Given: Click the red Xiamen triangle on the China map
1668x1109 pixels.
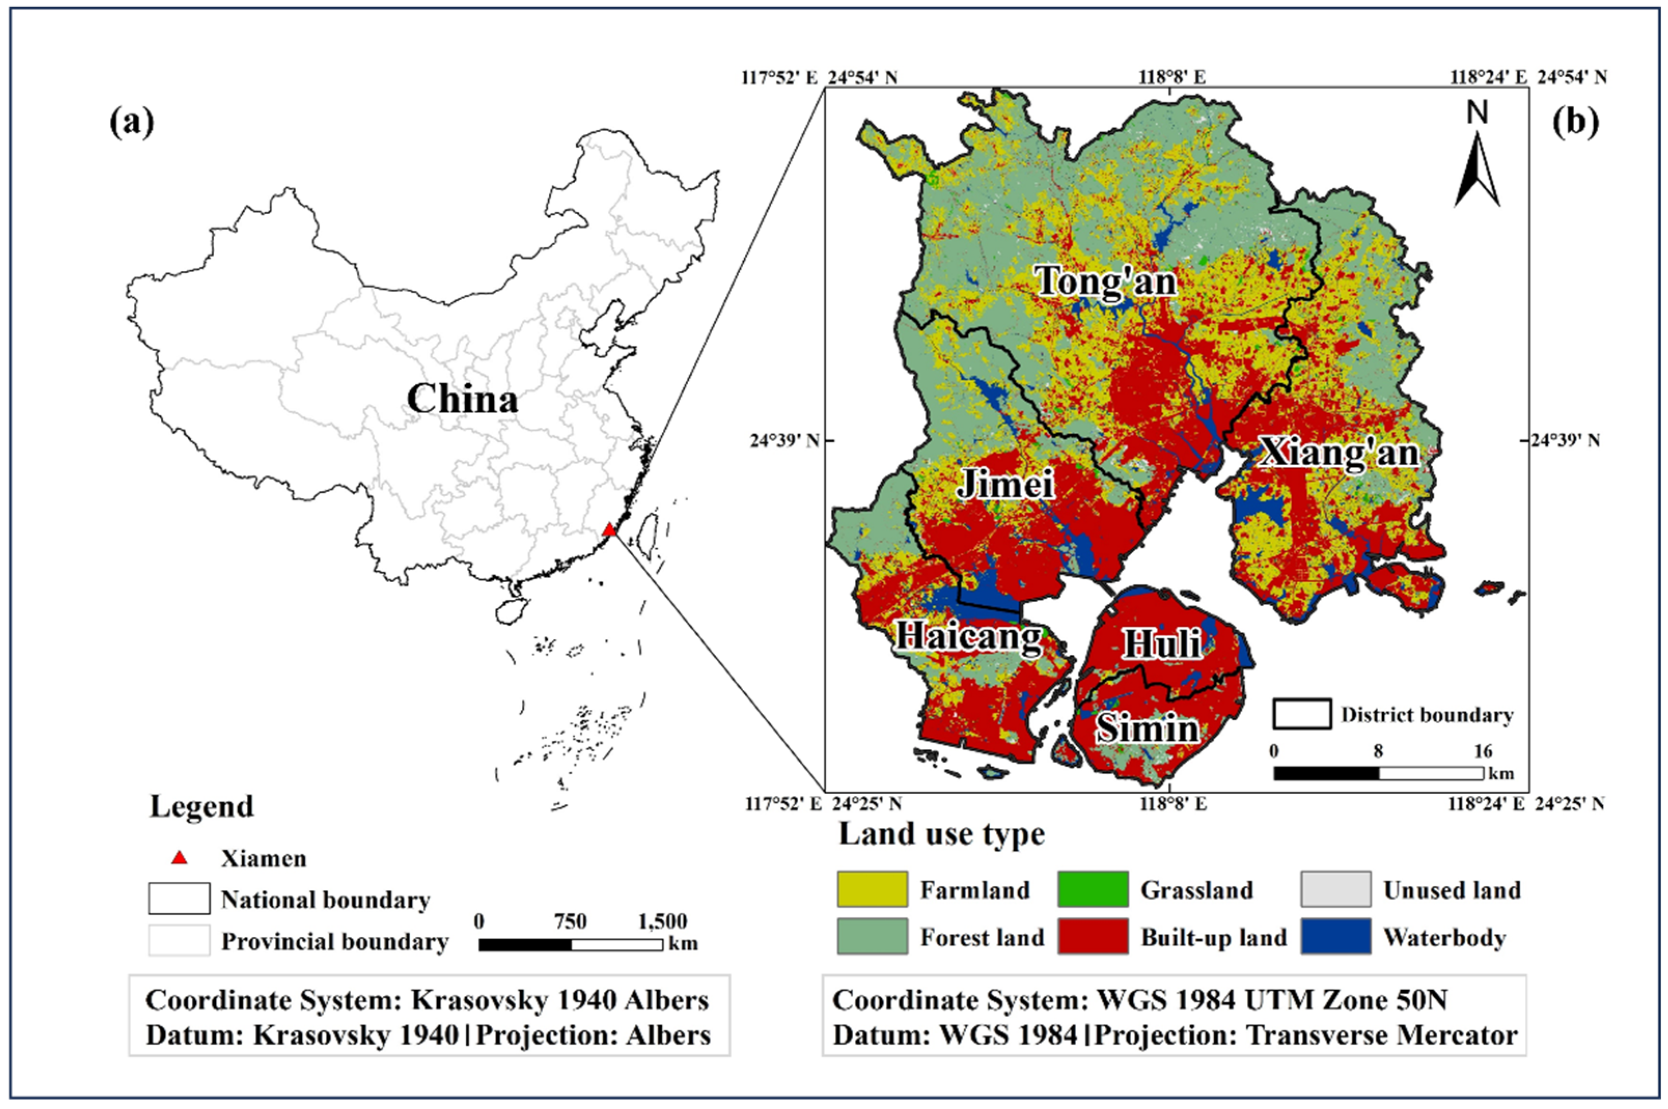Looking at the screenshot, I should tap(608, 530).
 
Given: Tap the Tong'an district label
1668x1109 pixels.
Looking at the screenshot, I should tap(1106, 282).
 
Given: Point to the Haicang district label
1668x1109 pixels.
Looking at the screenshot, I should tap(969, 637).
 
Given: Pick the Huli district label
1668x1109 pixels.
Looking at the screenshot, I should tap(1162, 643).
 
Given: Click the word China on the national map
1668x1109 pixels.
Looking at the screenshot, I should tap(462, 400).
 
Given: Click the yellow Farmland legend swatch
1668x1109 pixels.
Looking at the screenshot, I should tap(871, 889).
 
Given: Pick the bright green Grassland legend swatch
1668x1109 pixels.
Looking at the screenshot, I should tap(1093, 889).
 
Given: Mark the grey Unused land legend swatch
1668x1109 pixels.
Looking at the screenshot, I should tap(1335, 889).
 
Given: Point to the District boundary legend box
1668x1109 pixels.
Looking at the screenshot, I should tap(1302, 714).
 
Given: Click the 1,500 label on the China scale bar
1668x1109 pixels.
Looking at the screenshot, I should tap(662, 921).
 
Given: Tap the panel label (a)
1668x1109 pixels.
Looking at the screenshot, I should tap(132, 124).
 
